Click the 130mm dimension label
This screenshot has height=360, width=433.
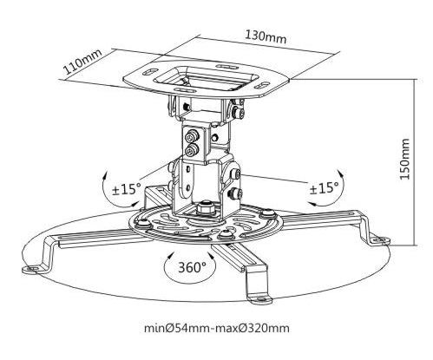click(x=266, y=36)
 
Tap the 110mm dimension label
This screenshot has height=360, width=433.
click(x=82, y=62)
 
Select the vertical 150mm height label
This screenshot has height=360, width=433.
click(x=404, y=159)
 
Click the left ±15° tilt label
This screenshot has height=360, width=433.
click(x=127, y=189)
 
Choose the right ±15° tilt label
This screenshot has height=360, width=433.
click(x=324, y=189)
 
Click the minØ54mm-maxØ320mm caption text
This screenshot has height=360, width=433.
click(x=217, y=328)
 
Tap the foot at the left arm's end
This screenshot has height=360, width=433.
click(x=31, y=269)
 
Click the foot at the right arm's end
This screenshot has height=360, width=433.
click(x=380, y=241)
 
